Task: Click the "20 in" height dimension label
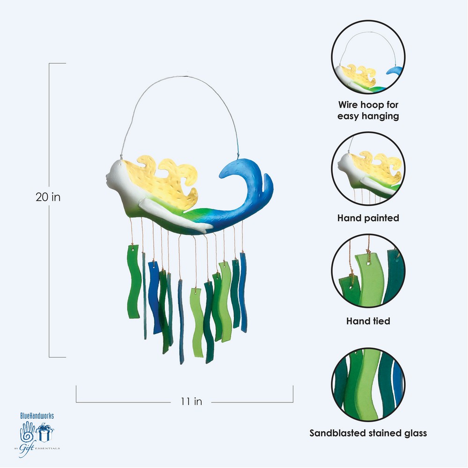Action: (48, 197)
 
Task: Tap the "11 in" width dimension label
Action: (191, 401)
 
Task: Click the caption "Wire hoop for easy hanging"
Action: (368, 110)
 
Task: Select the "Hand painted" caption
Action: (368, 218)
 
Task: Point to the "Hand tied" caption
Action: (368, 321)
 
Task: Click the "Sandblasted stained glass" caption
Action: (368, 433)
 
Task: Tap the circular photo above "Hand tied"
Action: (368, 271)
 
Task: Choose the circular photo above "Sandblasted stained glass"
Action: (368, 380)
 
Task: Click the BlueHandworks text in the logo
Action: (40, 415)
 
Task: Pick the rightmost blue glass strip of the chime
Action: (243, 285)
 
